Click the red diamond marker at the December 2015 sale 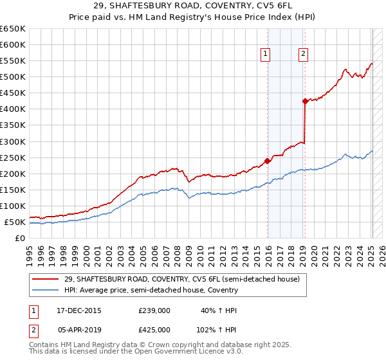coord(267,161)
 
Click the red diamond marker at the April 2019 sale coord(304,101)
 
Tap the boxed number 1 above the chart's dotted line coord(266,55)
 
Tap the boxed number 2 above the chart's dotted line coord(302,55)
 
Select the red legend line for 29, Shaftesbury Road coord(45,280)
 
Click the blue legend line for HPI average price coord(45,290)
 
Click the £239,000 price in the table coord(154,310)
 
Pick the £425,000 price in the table coord(154,329)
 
